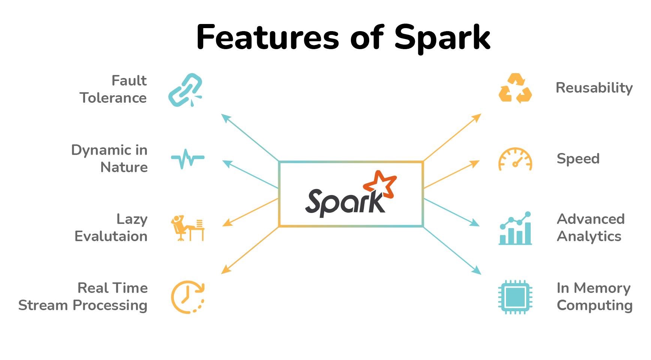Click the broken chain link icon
[185, 90]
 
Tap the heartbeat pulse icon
[187, 158]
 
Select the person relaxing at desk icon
[187, 228]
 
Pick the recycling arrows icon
[515, 88]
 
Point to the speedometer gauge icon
[515, 159]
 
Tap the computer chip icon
[515, 297]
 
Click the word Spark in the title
[442, 37]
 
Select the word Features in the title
[268, 37]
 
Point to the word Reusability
[594, 88]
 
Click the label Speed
[578, 159]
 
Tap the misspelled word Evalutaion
[111, 236]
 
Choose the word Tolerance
[113, 98]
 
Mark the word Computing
[594, 306]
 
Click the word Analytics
[589, 236]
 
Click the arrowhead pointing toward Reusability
[477, 117]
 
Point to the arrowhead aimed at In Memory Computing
[477, 271]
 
